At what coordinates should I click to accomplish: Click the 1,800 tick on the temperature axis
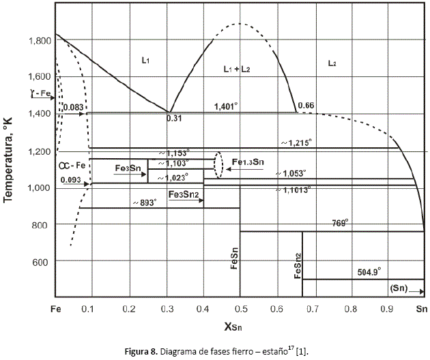pos(40,41)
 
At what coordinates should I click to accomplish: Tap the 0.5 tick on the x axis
pos(240,309)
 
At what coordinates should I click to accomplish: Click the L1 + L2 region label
pos(238,70)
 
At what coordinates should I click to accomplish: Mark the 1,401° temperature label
pos(226,106)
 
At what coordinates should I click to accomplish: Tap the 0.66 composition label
pos(306,105)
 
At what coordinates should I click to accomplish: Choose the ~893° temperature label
pos(144,202)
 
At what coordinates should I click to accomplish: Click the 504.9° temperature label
pos(373,271)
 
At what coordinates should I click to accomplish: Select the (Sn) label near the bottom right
pos(399,288)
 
